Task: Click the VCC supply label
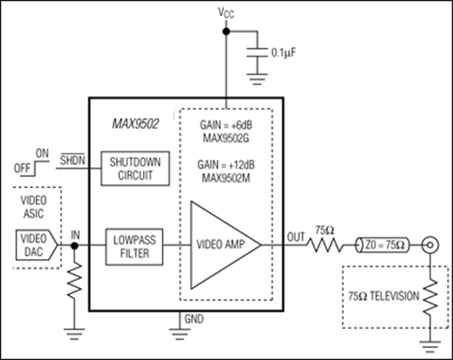(x=226, y=13)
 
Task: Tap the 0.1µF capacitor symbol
(x=257, y=53)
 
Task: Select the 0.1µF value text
(x=284, y=53)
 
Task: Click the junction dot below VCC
(x=226, y=31)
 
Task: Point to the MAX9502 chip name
(x=135, y=124)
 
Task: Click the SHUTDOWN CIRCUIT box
(x=135, y=168)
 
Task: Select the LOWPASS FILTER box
(x=135, y=247)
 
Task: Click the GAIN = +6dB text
(x=226, y=125)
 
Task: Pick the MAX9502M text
(x=226, y=178)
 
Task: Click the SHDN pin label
(x=73, y=160)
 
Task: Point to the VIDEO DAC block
(x=37, y=245)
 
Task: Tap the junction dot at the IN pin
(x=74, y=246)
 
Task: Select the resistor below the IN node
(x=74, y=280)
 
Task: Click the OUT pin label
(x=296, y=237)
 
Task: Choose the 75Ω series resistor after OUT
(x=325, y=246)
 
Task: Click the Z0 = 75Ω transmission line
(x=383, y=246)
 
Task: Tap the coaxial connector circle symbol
(x=430, y=246)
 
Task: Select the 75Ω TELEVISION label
(x=384, y=296)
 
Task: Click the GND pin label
(x=194, y=319)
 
